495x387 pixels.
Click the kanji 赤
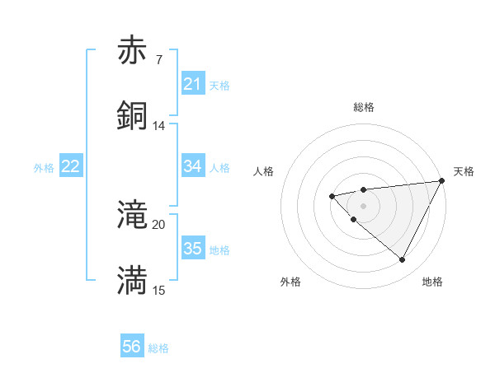(133, 51)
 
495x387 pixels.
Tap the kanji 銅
(133, 115)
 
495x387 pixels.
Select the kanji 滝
(133, 216)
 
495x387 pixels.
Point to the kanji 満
(133, 281)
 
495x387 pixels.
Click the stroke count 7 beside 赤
(158, 60)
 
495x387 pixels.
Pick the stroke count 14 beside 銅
(158, 125)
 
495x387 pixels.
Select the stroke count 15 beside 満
(158, 290)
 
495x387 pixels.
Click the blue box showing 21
(192, 84)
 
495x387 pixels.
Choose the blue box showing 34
(192, 166)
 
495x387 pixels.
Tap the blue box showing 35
(192, 249)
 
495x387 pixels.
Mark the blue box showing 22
(71, 166)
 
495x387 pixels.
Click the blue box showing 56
(132, 347)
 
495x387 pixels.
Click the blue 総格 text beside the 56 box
(158, 348)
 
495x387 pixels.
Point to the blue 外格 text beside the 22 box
(44, 167)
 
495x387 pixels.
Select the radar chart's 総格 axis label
(363, 107)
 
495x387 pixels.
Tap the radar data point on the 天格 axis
(441, 181)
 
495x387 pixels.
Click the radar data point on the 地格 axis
(402, 259)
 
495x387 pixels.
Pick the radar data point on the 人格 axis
(332, 196)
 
